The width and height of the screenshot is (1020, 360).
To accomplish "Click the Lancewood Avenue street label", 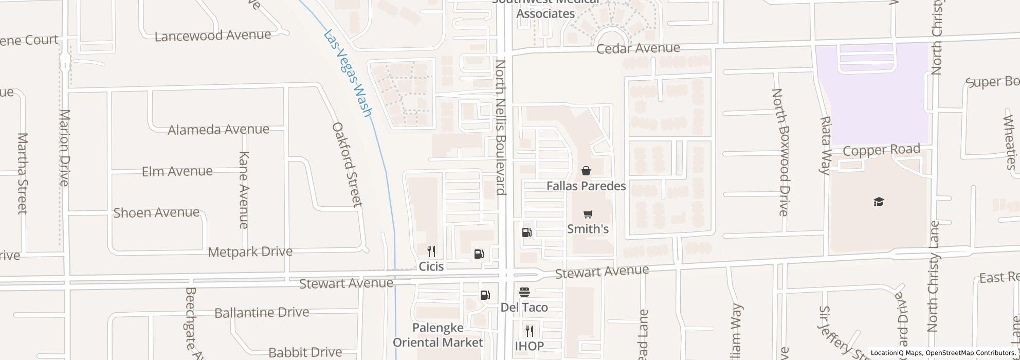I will point(213,35).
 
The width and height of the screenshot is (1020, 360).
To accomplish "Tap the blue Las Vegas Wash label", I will point(348,73).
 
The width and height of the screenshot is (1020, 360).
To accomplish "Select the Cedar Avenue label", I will point(638,48).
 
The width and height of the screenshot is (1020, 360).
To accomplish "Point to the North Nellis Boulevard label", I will point(501,128).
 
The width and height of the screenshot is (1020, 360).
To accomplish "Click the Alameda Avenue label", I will point(218,129).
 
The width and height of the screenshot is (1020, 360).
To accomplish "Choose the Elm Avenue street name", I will point(177,171).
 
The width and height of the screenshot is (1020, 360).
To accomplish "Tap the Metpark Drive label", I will point(250,252).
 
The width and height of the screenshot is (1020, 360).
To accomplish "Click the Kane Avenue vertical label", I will point(244,190).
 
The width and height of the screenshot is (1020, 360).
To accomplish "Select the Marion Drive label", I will point(64,147).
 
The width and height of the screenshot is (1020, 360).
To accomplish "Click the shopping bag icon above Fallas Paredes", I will point(586,171).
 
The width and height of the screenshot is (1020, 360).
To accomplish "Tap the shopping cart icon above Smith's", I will point(588,214).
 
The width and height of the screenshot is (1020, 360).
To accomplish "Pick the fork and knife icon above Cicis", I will point(431,251).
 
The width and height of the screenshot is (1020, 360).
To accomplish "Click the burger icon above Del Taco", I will point(524,293).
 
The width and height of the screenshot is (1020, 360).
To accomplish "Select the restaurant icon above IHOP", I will point(529,331).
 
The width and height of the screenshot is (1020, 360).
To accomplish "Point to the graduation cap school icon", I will point(878,202).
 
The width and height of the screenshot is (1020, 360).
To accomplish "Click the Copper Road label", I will point(881,150).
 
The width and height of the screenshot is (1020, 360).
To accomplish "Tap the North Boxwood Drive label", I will point(779,152).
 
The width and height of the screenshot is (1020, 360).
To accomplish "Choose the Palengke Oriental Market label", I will point(438,335).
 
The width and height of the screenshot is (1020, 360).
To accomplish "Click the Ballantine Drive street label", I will point(262,313).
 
